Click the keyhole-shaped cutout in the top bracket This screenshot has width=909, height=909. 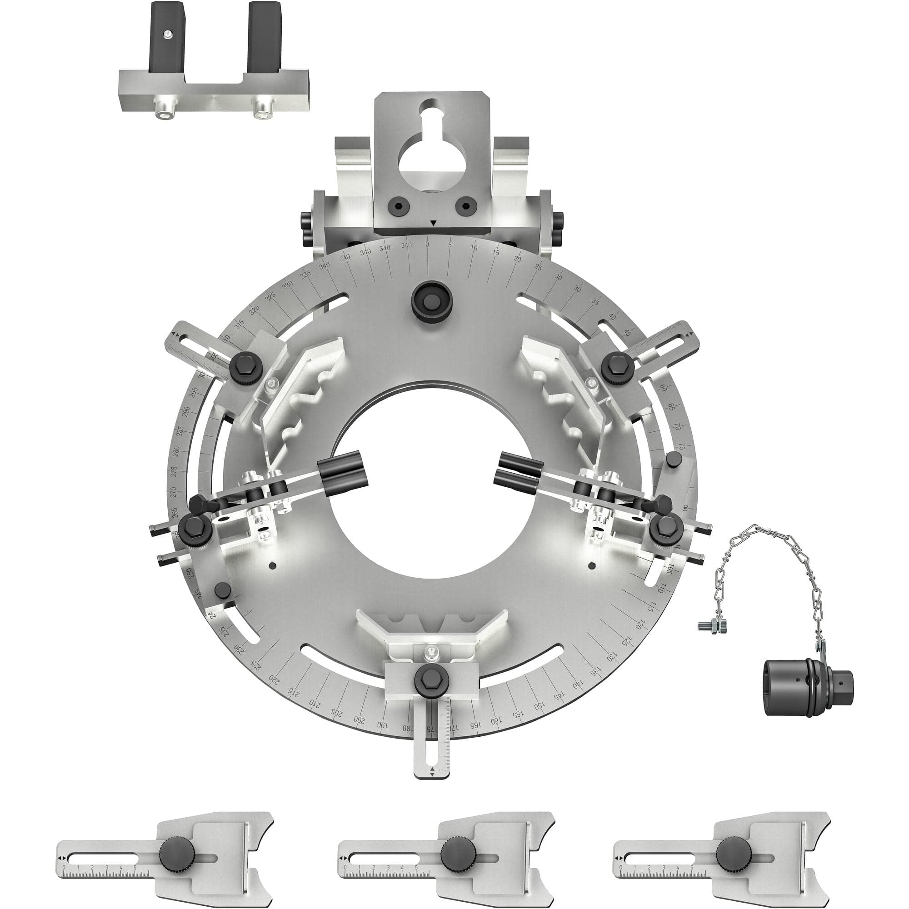pos(432,160)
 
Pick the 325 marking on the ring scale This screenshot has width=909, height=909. pos(270,297)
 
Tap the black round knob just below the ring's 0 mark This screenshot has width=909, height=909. pos(431,298)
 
